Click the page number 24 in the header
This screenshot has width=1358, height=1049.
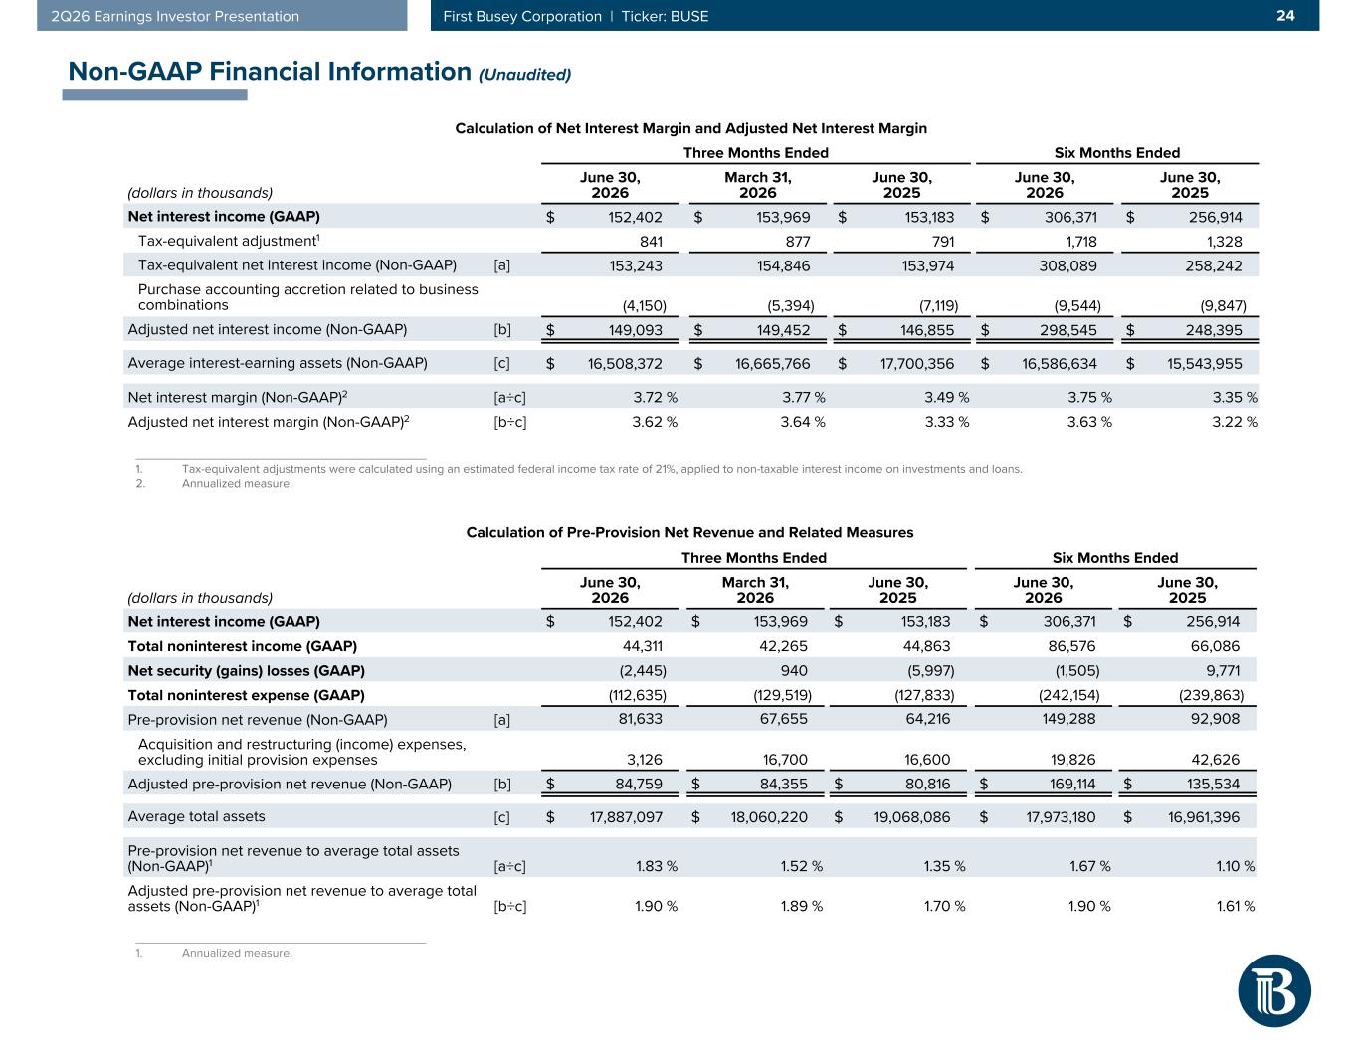click(x=1285, y=16)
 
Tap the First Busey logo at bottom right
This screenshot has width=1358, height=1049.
click(x=1273, y=990)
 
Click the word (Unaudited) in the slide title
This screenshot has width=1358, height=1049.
click(x=524, y=75)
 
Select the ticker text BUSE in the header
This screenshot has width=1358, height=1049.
click(x=689, y=16)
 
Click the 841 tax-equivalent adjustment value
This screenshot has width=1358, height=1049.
click(x=651, y=241)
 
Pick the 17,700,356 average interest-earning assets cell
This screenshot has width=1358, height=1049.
click(x=917, y=363)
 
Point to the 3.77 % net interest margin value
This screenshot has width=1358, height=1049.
click(x=803, y=397)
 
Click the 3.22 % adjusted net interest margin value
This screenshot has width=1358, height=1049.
click(x=1235, y=422)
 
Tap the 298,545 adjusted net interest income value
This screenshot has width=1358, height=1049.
click(x=1068, y=330)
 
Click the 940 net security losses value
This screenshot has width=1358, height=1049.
click(x=794, y=670)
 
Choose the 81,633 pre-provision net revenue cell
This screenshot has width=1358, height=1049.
click(x=640, y=719)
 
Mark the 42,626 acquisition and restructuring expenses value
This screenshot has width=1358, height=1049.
click(x=1215, y=760)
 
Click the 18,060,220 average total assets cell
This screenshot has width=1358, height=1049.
click(x=769, y=816)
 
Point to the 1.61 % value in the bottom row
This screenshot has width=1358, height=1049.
click(x=1235, y=906)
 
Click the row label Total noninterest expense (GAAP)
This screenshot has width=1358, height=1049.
click(x=246, y=695)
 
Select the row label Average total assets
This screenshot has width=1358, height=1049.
click(x=196, y=816)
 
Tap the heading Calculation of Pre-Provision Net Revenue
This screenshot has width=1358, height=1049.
click(x=689, y=532)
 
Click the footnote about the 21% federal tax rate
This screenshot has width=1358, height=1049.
click(x=602, y=469)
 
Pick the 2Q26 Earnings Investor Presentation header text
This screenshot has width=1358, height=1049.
click(x=175, y=16)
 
